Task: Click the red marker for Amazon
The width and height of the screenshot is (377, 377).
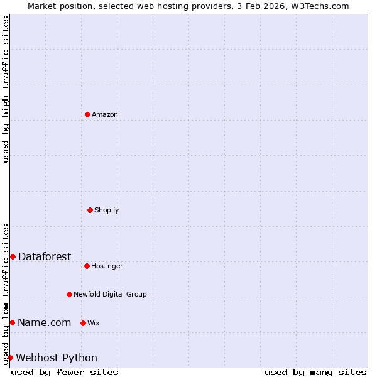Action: pyautogui.click(x=87, y=114)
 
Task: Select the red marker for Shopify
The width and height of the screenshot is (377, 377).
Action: pyautogui.click(x=90, y=210)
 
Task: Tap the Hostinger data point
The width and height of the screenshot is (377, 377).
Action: pyautogui.click(x=87, y=266)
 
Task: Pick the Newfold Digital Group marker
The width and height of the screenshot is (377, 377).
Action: pyautogui.click(x=69, y=294)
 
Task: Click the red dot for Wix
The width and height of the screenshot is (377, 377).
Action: pyautogui.click(x=83, y=323)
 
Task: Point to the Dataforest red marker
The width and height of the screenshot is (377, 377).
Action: pyautogui.click(x=13, y=256)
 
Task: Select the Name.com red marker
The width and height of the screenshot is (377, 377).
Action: pyautogui.click(x=12, y=322)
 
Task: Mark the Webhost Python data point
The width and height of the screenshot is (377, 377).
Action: pyautogui.click(x=10, y=358)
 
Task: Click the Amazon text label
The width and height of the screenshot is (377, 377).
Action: pyautogui.click(x=105, y=114)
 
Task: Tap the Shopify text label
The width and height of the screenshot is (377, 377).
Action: pyautogui.click(x=107, y=210)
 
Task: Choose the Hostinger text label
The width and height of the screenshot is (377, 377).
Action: pyautogui.click(x=107, y=266)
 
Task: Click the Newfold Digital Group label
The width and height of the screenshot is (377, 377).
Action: pyautogui.click(x=110, y=294)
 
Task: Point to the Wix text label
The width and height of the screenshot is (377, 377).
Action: pyautogui.click(x=94, y=323)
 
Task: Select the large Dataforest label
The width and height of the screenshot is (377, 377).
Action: pyautogui.click(x=45, y=256)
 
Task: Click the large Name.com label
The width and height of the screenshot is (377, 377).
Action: pyautogui.click(x=44, y=322)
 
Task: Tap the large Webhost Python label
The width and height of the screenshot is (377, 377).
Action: pyautogui.click(x=57, y=358)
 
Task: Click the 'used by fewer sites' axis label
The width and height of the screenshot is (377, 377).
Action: pyautogui.click(x=65, y=372)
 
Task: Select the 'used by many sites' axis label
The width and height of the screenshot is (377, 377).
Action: pyautogui.click(x=315, y=372)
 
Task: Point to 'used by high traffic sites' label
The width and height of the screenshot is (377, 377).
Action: pyautogui.click(x=6, y=89)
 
